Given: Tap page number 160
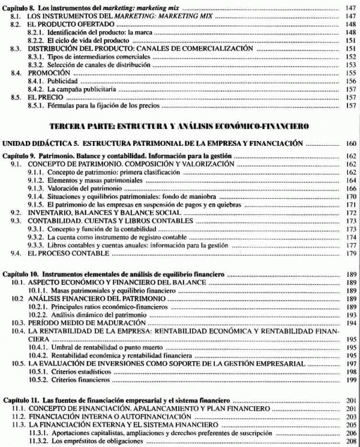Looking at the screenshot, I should (350, 144).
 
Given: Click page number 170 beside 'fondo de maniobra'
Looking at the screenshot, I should (351, 196).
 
